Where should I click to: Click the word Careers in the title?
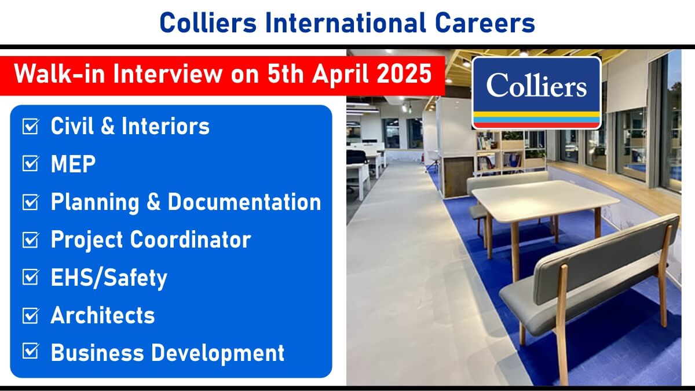point(485,23)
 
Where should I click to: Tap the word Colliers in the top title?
point(208,23)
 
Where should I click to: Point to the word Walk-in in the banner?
point(59,74)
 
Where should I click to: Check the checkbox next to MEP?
point(30,164)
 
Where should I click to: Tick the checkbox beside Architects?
point(30,315)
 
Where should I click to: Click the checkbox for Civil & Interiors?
point(30,126)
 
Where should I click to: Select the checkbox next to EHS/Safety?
point(30,277)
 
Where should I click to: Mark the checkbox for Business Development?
point(30,351)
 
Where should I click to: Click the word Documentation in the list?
point(244,202)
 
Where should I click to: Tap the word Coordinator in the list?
point(191,239)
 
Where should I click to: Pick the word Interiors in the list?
point(166,126)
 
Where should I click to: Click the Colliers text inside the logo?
point(536,85)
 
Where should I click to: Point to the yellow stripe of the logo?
point(536,115)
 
